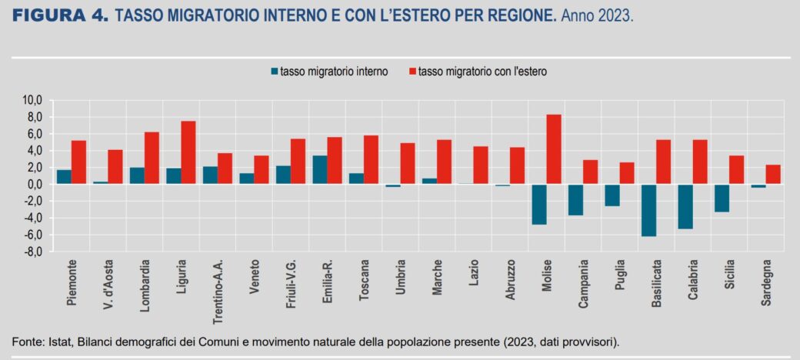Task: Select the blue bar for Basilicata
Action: coord(648,210)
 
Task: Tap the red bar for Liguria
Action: coord(188,152)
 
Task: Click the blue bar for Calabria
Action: coord(685,206)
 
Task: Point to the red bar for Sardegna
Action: coord(773,175)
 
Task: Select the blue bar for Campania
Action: coord(575,200)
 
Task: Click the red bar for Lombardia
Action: coord(152,158)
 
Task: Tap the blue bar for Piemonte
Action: coord(64,177)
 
